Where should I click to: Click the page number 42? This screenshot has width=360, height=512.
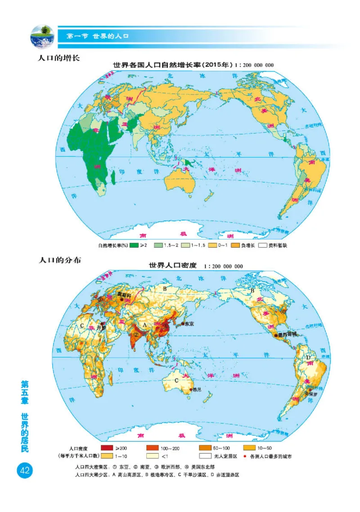coord(24,471)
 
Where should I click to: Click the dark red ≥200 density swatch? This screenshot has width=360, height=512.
coord(108,448)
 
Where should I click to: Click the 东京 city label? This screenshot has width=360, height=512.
coord(189,324)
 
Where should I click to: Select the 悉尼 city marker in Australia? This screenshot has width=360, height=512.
coord(191,390)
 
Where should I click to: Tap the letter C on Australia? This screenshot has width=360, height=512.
coord(176,381)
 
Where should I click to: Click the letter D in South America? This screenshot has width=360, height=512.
coord(308,358)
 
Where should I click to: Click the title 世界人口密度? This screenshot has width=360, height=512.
coord(173,266)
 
